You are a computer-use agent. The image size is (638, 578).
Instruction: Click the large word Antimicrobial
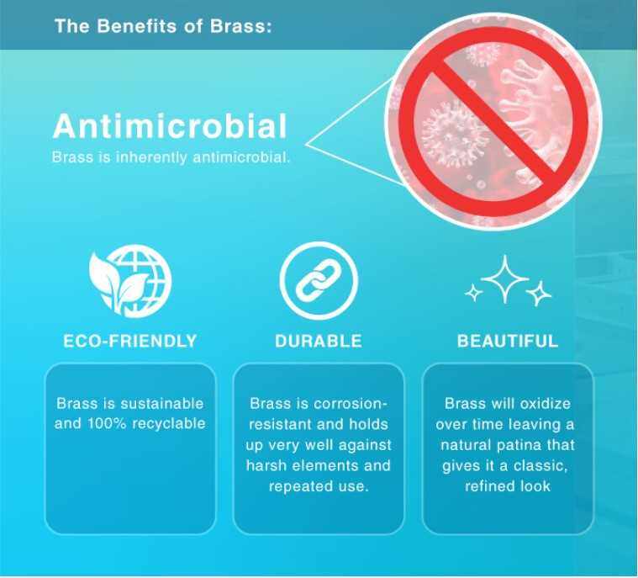coord(170,126)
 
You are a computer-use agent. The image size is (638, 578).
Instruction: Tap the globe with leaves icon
coord(130,281)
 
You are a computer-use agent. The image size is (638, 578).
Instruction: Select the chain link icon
coord(319,281)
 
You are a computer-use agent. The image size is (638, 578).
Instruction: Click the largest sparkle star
coord(504,279)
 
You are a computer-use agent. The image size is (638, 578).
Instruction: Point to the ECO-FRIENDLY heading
coord(130,341)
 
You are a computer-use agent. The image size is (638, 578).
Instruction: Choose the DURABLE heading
coord(319,341)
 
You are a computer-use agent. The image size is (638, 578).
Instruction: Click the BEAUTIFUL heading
coord(508,341)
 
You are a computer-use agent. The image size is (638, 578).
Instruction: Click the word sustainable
coord(162,404)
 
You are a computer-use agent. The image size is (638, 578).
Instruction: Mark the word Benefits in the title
coord(137,26)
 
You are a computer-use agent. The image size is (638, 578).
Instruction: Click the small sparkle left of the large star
coord(473,293)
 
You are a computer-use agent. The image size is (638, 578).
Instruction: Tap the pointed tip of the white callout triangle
coord(306,144)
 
